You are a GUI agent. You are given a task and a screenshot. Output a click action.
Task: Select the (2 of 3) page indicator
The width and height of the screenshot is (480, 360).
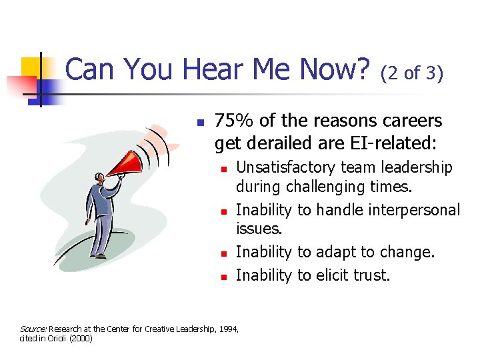[x=411, y=73]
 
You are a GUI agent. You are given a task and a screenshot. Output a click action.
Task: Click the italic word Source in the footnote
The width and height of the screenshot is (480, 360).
[x=32, y=329]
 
